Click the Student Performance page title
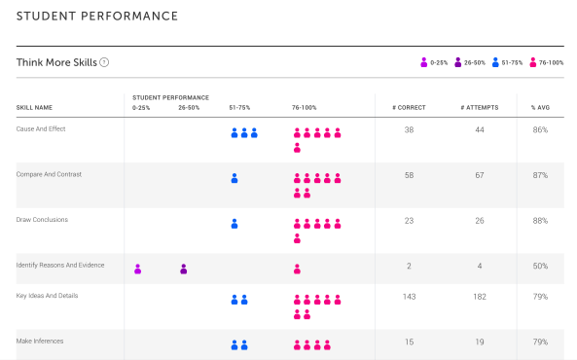pyautogui.click(x=96, y=17)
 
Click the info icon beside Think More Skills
pyautogui.click(x=104, y=62)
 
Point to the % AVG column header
pyautogui.click(x=539, y=107)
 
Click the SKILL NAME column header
pyautogui.click(x=35, y=107)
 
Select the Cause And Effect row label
pyautogui.click(x=41, y=129)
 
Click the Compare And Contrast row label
pyautogui.click(x=48, y=174)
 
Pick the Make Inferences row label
pyautogui.click(x=40, y=342)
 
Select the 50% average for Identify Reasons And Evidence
pyautogui.click(x=540, y=266)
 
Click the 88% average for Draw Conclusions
pyautogui.click(x=540, y=221)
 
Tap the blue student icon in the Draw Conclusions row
pyautogui.click(x=234, y=224)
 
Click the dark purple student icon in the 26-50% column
pyautogui.click(x=184, y=270)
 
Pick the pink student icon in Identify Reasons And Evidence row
pyautogui.click(x=297, y=270)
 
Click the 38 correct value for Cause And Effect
pyautogui.click(x=409, y=129)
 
